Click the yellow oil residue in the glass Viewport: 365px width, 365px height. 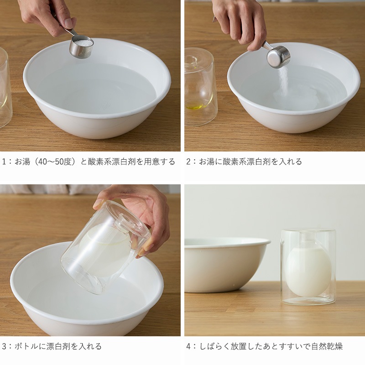[196, 106]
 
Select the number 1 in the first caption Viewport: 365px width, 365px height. [4, 162]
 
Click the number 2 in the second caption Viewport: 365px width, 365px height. [188, 162]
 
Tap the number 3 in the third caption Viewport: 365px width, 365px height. [4, 346]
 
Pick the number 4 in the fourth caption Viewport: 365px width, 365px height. [188, 346]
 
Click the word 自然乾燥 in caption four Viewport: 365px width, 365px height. [327, 346]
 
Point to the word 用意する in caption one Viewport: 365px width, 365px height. [159, 162]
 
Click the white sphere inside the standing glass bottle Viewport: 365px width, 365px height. [308, 271]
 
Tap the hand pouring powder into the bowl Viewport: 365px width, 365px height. [240, 23]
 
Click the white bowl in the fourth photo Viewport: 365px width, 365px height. [227, 264]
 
